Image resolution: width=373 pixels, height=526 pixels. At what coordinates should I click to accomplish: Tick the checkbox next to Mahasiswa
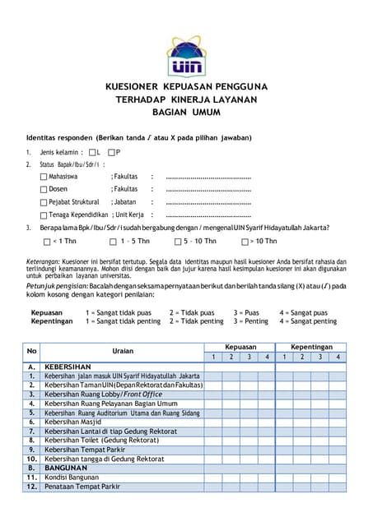(x=44, y=177)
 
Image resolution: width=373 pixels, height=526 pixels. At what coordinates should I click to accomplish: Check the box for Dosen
(x=44, y=190)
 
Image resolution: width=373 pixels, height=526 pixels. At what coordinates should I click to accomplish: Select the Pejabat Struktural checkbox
(x=44, y=202)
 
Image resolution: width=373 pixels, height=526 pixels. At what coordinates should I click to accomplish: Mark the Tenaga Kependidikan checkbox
(x=44, y=215)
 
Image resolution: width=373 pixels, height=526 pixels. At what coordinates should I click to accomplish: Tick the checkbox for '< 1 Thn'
(x=46, y=242)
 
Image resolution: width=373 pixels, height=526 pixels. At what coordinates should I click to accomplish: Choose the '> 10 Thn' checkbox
(x=245, y=242)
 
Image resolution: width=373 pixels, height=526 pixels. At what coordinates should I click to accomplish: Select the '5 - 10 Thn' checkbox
(x=177, y=242)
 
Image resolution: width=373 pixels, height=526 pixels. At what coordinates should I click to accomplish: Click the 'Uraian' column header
(x=123, y=352)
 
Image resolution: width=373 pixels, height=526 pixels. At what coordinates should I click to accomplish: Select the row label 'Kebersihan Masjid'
(x=73, y=422)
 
